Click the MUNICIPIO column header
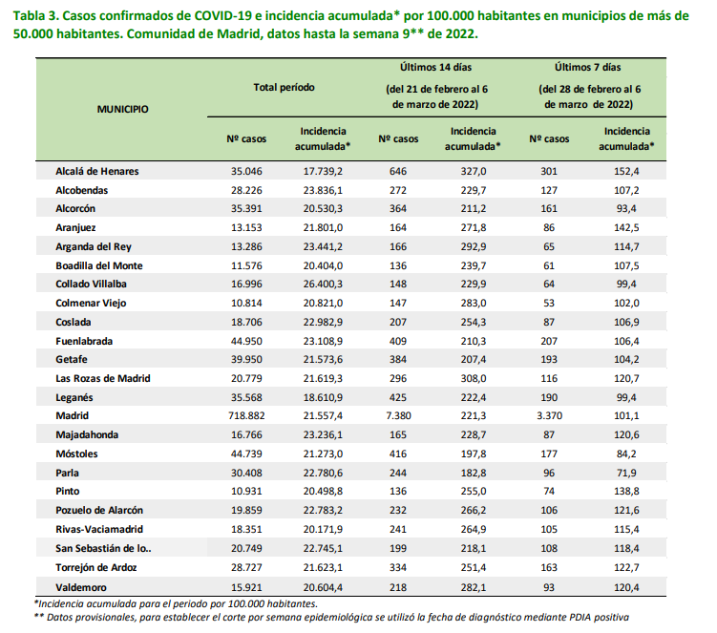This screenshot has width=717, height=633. [122, 109]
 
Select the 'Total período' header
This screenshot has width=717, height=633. [284, 87]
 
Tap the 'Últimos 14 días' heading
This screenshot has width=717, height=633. [435, 67]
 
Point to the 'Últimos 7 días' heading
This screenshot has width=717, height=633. [587, 67]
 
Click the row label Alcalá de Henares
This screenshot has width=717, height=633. [97, 172]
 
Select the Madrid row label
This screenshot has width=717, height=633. [73, 415]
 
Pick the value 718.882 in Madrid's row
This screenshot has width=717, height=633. [246, 415]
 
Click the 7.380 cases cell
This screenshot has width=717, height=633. [398, 415]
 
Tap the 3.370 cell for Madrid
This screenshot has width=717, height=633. [549, 415]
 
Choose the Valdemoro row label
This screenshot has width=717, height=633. [81, 588]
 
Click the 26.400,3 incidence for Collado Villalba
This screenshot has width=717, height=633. [323, 284]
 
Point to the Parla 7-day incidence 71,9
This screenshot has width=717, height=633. [626, 473]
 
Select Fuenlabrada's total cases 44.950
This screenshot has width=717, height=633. [246, 341]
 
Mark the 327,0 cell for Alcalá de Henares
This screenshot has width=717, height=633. [474, 172]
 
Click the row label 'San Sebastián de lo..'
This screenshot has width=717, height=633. [103, 548]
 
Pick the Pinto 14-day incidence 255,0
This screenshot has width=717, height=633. [474, 491]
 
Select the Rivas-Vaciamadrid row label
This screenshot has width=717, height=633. [99, 530]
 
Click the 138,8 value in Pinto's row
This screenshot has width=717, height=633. [626, 491]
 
